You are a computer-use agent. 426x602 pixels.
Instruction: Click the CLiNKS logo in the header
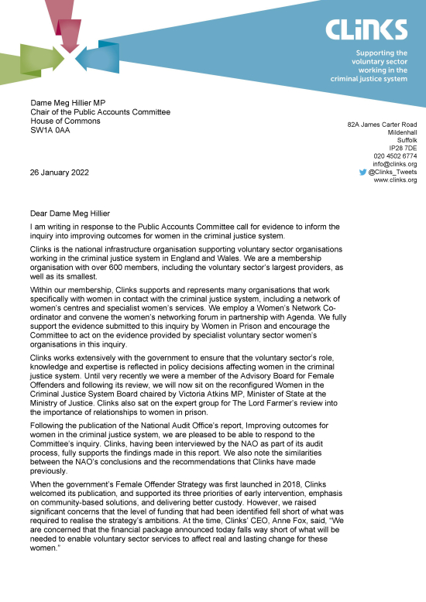pyautogui.click(x=366, y=29)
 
